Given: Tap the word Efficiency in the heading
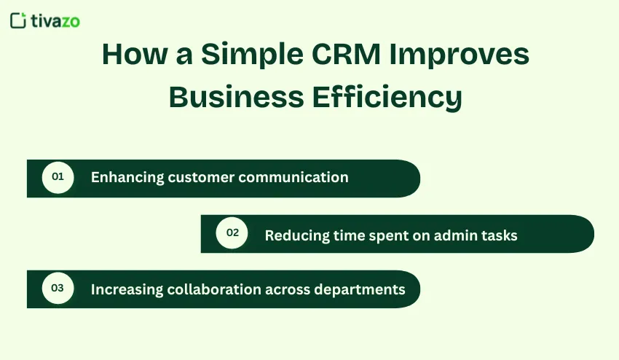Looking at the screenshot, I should click(389, 96).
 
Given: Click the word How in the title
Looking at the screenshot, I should click(130, 55).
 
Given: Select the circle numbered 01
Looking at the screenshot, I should click(58, 177).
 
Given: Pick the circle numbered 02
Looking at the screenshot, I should click(232, 233).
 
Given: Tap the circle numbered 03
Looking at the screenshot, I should click(58, 289).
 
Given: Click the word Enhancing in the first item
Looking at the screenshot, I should click(127, 178).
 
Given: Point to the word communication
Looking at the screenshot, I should click(293, 177).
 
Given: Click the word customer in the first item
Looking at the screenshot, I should click(200, 177).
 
